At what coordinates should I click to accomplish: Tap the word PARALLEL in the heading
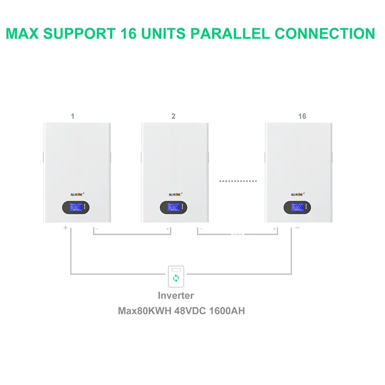click(231, 34)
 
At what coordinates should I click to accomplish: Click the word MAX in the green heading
click(25, 34)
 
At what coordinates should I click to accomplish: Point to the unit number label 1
click(72, 116)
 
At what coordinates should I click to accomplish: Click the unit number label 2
click(173, 116)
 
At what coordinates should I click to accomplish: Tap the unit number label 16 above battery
click(302, 116)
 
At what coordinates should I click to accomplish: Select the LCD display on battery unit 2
click(174, 207)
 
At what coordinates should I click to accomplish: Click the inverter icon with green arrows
click(176, 276)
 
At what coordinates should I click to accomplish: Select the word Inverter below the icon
click(176, 295)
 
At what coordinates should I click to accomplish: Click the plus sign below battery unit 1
click(65, 228)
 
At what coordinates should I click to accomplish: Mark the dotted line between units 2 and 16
click(238, 181)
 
